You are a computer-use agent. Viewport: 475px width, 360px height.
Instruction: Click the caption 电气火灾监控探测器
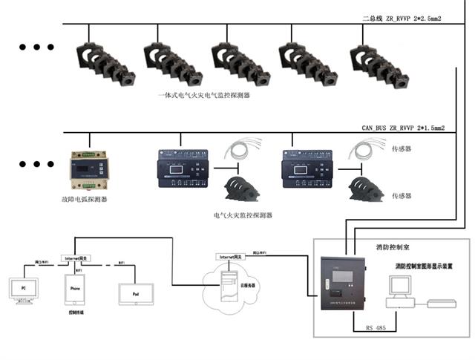[x=243, y=215]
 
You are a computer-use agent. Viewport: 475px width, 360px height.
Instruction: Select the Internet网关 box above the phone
[x=76, y=257]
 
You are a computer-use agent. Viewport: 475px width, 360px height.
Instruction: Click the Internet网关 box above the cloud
[x=230, y=256]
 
